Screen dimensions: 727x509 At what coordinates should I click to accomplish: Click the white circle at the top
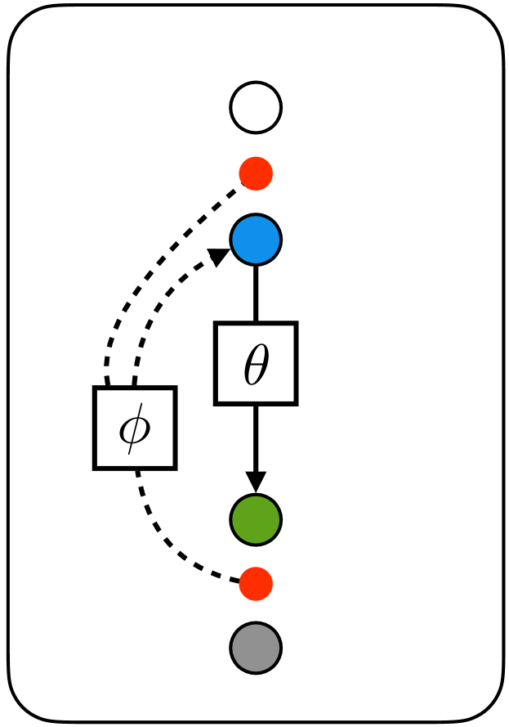tap(256, 107)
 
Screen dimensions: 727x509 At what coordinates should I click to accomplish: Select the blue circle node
tap(256, 240)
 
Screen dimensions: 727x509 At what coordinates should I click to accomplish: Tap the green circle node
tap(256, 519)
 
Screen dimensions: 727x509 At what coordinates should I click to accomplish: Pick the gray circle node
tap(256, 648)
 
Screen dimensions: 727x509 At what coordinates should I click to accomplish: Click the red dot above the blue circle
tap(256, 173)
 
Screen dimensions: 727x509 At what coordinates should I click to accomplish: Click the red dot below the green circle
tap(256, 584)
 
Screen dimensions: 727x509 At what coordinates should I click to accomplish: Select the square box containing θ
tap(256, 363)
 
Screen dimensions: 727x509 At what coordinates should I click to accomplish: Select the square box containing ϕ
tap(135, 428)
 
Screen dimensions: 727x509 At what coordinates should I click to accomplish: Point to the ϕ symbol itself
tap(135, 429)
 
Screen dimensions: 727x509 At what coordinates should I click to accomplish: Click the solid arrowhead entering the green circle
tap(256, 482)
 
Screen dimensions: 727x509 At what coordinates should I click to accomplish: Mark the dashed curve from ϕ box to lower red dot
tap(172, 548)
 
